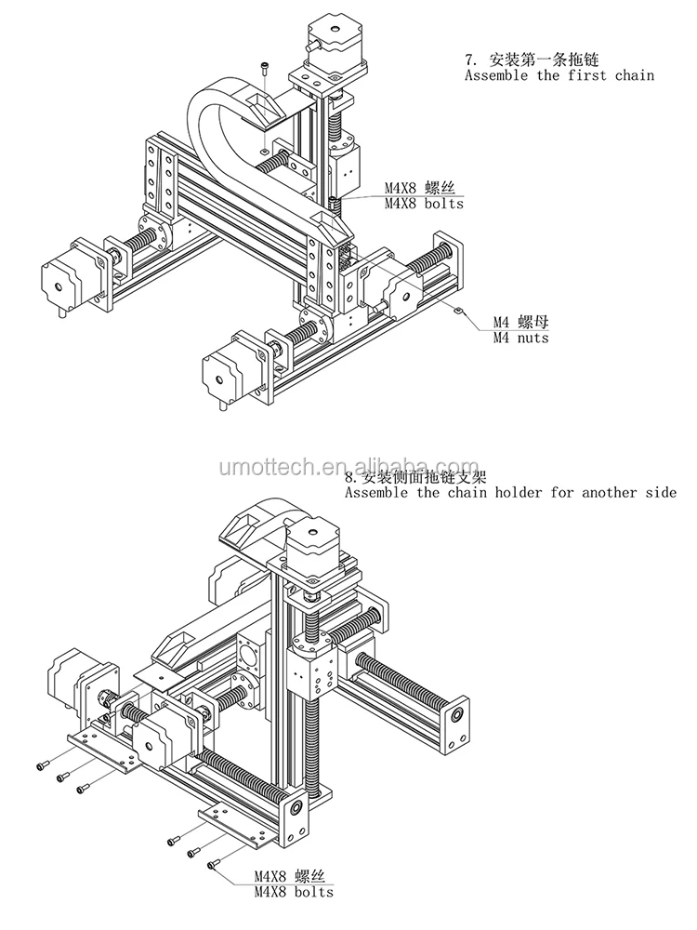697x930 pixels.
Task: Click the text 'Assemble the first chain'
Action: tap(559, 74)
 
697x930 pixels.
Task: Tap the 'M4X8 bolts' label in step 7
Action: tap(424, 203)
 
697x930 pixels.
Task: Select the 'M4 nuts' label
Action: tap(520, 338)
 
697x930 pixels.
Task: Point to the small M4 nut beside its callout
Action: tap(459, 309)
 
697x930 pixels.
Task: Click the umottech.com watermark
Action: tap(348, 467)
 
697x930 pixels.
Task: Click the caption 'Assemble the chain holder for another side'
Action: tap(510, 492)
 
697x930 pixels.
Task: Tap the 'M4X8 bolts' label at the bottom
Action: tap(294, 892)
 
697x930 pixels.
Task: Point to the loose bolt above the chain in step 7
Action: tap(267, 66)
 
